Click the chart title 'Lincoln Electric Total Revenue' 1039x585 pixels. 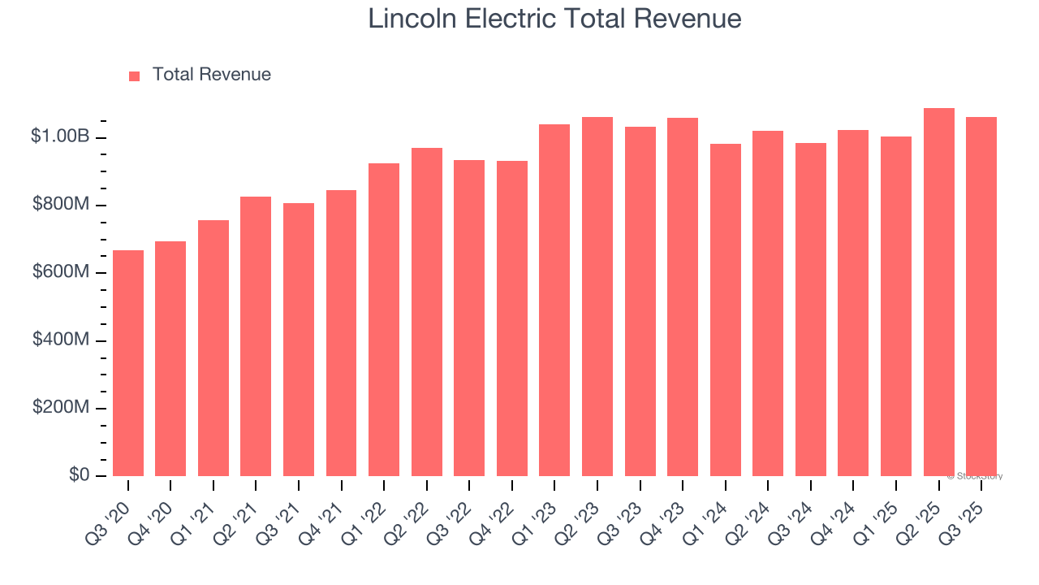pyautogui.click(x=554, y=19)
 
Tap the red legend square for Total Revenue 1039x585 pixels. pyautogui.click(x=135, y=76)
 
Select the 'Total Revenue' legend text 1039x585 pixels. pyautogui.click(x=211, y=75)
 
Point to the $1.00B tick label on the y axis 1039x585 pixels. pyautogui.click(x=59, y=136)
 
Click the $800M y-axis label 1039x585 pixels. pyautogui.click(x=61, y=205)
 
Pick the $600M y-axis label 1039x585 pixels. pyautogui.click(x=61, y=272)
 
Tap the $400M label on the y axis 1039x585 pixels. pyautogui.click(x=61, y=340)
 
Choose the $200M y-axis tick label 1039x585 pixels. pyautogui.click(x=61, y=407)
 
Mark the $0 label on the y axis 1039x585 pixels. pyautogui.click(x=80, y=474)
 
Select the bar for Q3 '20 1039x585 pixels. pyautogui.click(x=128, y=363)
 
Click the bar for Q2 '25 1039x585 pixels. pyautogui.click(x=939, y=292)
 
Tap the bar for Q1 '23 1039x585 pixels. pyautogui.click(x=554, y=301)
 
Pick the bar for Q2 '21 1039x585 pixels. pyautogui.click(x=256, y=336)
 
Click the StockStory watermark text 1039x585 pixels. pyautogui.click(x=974, y=476)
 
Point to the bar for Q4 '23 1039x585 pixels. pyautogui.click(x=683, y=297)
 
